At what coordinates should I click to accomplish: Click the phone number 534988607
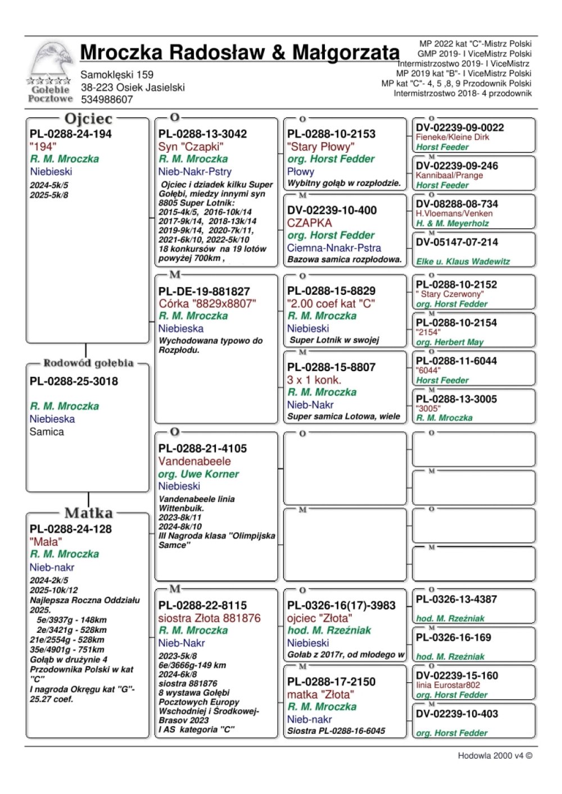click(x=107, y=99)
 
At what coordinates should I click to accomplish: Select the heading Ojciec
click(x=88, y=118)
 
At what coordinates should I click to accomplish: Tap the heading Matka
click(x=88, y=513)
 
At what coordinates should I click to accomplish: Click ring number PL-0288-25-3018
click(x=74, y=381)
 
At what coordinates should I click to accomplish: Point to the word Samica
click(x=47, y=432)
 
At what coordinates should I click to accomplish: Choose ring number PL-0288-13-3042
click(x=202, y=134)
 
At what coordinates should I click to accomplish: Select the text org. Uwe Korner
click(x=198, y=474)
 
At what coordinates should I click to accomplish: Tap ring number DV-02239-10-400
click(x=332, y=210)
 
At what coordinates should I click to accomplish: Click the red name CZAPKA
click(x=309, y=223)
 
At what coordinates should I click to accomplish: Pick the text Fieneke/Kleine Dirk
click(x=452, y=137)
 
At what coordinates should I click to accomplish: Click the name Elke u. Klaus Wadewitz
click(x=463, y=261)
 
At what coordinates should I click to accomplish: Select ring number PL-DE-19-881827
click(x=204, y=291)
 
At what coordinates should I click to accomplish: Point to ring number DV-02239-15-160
click(x=457, y=676)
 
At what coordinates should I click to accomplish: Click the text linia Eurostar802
click(x=448, y=685)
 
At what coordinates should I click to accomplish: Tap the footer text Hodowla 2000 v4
click(x=495, y=756)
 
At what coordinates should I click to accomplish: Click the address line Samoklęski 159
click(x=117, y=75)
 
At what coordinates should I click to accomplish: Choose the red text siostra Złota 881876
click(x=209, y=618)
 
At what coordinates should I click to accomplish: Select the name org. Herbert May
click(x=450, y=342)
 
